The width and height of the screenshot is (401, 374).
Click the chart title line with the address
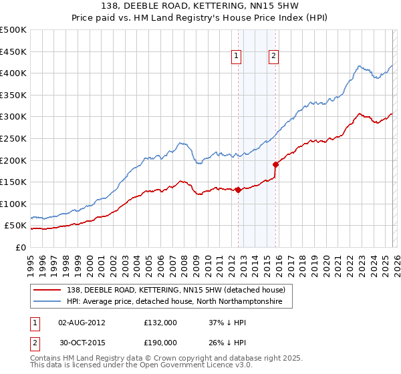click(200, 7)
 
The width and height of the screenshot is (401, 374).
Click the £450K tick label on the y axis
click(13, 51)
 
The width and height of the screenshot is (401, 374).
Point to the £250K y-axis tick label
click(13, 138)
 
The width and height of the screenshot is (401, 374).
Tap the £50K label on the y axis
click(15, 226)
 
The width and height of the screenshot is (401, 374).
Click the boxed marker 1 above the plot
click(237, 57)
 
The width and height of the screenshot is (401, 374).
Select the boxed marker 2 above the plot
click(274, 57)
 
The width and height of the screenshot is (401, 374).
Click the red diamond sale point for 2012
click(238, 190)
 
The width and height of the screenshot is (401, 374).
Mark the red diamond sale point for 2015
click(275, 164)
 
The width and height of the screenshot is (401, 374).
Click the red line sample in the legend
click(48, 290)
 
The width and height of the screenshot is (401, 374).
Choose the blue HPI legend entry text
click(174, 302)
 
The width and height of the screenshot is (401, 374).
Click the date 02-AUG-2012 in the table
click(82, 323)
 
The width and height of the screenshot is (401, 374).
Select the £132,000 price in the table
click(160, 323)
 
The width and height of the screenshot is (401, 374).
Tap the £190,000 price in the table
click(160, 342)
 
